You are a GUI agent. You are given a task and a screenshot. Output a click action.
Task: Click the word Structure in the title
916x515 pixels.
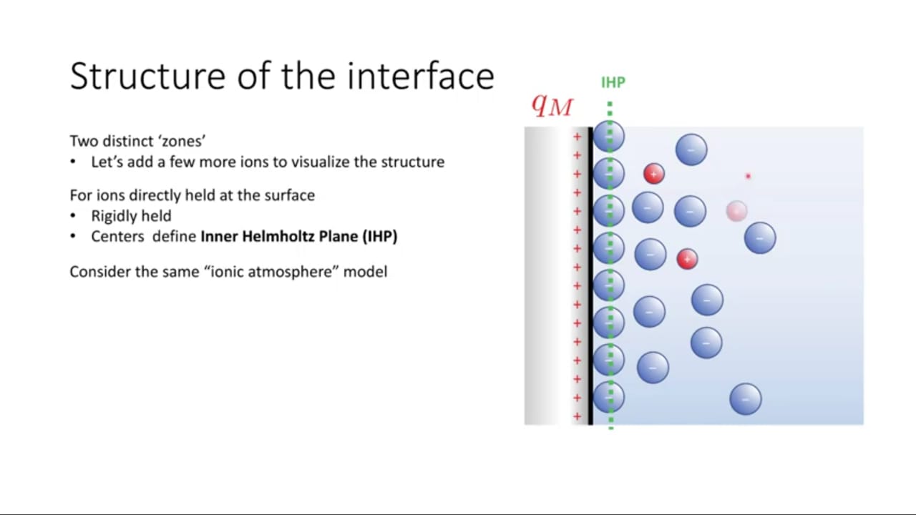pos(147,76)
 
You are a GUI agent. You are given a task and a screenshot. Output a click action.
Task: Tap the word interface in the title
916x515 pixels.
pos(421,76)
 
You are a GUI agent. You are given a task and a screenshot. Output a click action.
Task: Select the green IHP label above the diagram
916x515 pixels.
pos(613,82)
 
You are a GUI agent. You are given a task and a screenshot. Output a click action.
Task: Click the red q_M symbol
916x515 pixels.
pos(552,106)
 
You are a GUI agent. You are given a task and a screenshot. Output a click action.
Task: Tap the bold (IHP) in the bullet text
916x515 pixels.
pos(380,237)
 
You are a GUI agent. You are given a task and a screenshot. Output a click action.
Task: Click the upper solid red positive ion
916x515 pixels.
pos(654,174)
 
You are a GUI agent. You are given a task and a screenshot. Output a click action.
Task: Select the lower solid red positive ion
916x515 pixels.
pos(687,259)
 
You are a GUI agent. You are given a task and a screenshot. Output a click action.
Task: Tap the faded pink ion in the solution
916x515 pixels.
pos(737,211)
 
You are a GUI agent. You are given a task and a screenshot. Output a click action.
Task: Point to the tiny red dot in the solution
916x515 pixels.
pos(748,176)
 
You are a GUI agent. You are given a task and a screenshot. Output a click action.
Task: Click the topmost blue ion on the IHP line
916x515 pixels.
pos(608,137)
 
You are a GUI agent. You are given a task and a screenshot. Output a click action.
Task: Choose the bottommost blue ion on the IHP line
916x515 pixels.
pos(608,397)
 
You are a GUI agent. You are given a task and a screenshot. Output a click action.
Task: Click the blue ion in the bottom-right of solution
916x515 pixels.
pos(746,399)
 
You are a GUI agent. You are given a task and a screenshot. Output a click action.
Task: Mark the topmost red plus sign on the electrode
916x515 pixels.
pos(577,137)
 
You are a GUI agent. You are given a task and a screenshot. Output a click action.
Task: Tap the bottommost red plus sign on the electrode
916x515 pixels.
pos(577,416)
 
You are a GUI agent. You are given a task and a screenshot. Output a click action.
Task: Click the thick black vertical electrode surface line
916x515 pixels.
pos(590,276)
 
